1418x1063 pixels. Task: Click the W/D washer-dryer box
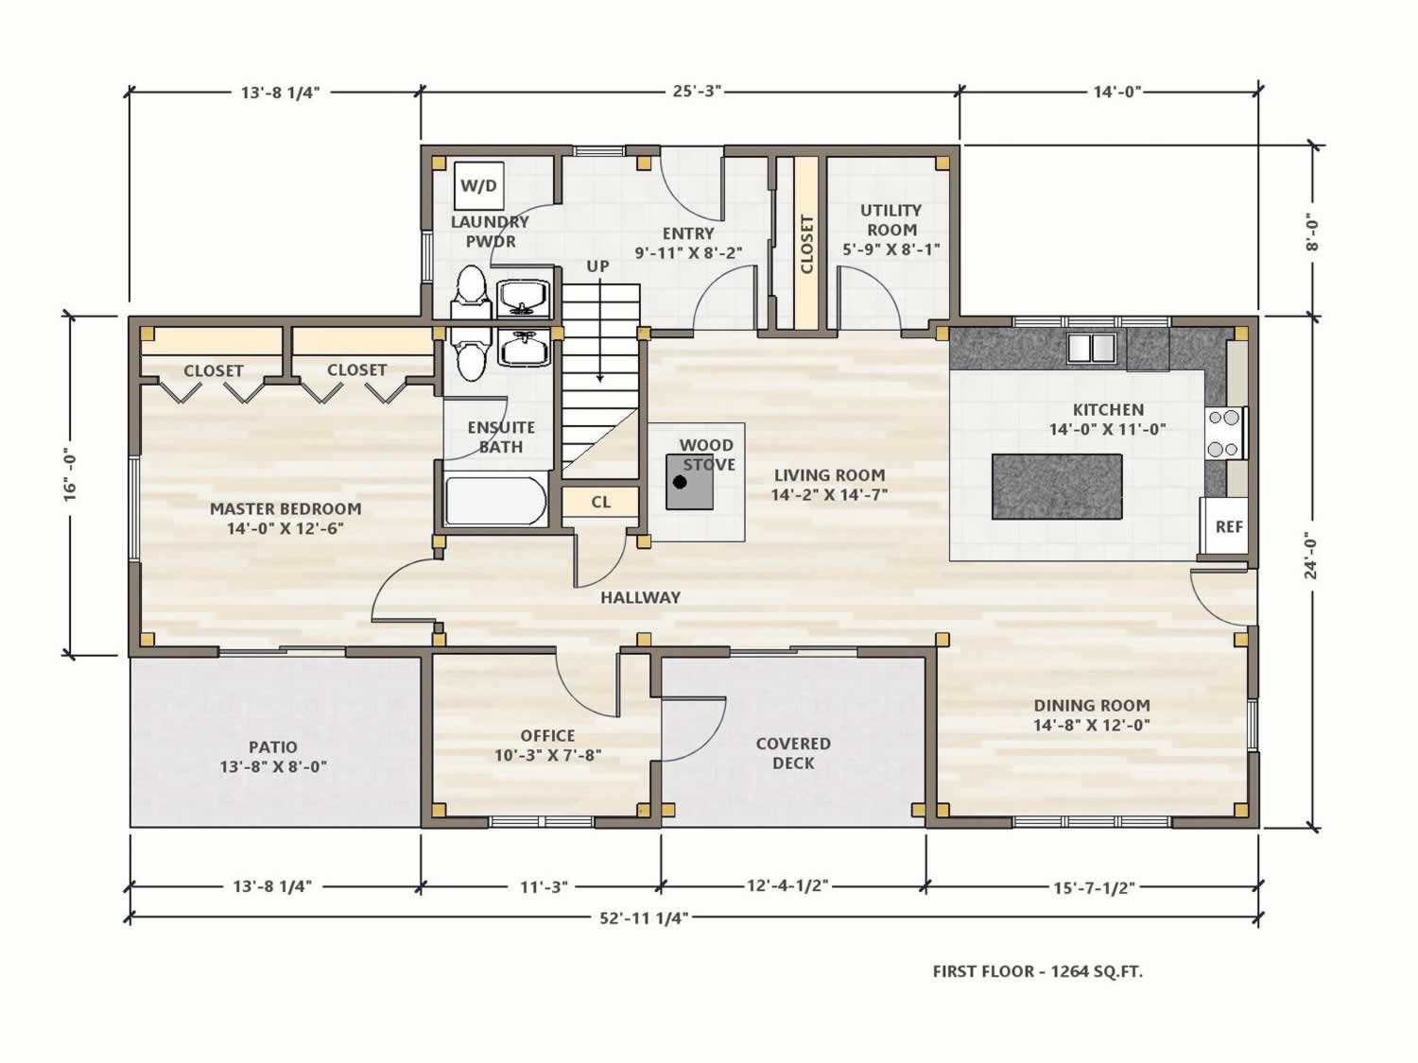coord(478,186)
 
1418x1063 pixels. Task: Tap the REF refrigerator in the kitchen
coord(1223,525)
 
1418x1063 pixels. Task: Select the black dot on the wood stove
coord(680,482)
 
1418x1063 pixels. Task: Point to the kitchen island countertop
coord(1057,486)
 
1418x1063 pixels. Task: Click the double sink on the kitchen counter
coord(1092,347)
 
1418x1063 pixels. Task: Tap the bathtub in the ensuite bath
coord(495,501)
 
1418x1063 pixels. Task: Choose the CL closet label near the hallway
coord(601,502)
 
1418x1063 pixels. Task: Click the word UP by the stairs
coord(597,266)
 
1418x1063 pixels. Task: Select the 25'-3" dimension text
coord(697,91)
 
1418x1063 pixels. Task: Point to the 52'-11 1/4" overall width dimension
coord(644,917)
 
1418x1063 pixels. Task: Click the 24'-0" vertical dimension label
coord(1311,555)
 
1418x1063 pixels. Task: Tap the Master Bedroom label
coord(285,518)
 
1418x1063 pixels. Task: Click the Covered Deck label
coord(793,753)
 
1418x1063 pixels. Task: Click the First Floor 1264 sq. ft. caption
coord(1037,971)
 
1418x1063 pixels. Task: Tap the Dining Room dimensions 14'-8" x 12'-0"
coord(1092,725)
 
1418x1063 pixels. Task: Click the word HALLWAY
coord(641,598)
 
